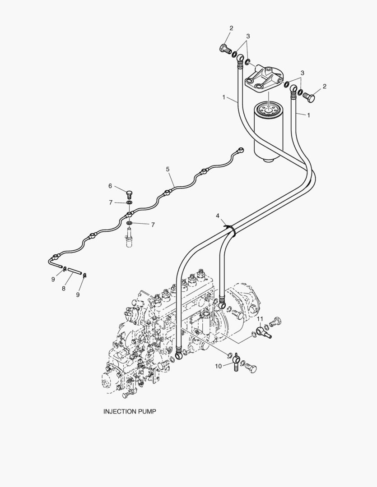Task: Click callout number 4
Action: click(x=218, y=216)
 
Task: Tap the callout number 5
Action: click(x=168, y=169)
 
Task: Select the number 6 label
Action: click(x=110, y=186)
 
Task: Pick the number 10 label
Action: click(x=219, y=366)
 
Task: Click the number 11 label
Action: click(x=260, y=319)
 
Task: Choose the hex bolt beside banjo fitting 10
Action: click(x=251, y=368)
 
